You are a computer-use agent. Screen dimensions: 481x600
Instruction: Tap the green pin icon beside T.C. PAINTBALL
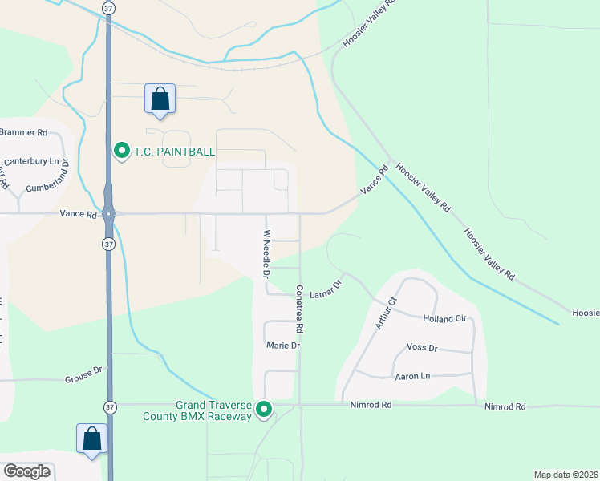(122, 150)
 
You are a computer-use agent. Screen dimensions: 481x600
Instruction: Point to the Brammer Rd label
(24, 131)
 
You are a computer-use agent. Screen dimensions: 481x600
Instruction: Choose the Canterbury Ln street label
(33, 161)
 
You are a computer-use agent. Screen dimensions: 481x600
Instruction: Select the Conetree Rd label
(298, 309)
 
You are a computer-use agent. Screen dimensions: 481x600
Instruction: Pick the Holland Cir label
(444, 318)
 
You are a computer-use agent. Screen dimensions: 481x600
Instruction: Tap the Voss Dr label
(422, 348)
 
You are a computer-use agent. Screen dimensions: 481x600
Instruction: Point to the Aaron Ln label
(412, 375)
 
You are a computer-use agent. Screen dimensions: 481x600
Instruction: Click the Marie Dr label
(283, 346)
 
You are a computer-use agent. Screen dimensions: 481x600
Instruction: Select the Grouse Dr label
(83, 370)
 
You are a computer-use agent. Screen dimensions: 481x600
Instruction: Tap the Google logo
(26, 471)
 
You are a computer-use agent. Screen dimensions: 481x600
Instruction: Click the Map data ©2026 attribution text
(565, 475)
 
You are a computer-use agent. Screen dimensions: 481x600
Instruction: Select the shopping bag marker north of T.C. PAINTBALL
(160, 99)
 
